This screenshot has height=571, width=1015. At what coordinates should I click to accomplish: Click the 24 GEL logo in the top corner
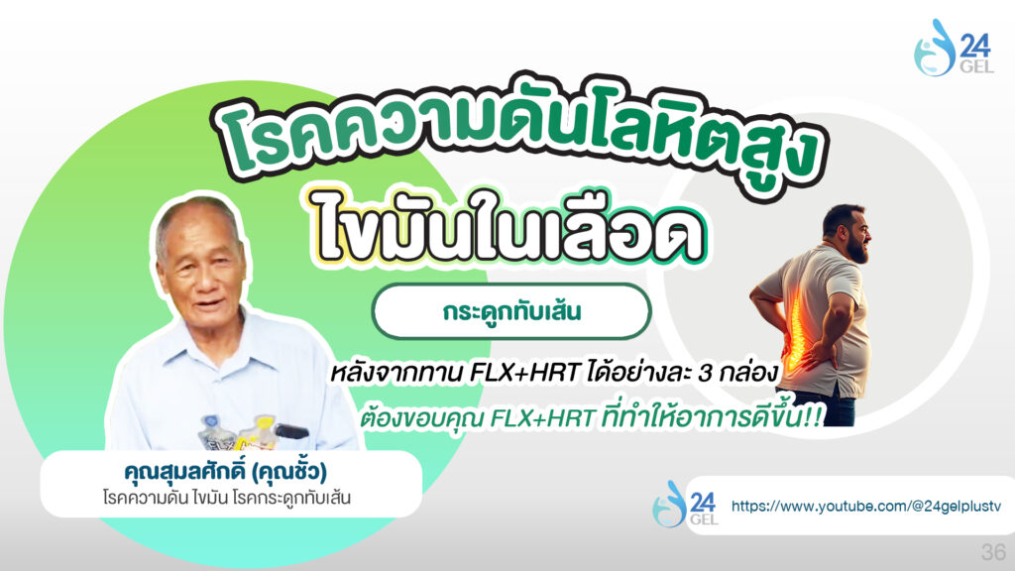click(x=954, y=48)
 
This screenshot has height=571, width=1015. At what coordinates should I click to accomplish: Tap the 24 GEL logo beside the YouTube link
click(x=686, y=504)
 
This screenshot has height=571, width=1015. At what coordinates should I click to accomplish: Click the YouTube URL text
click(x=866, y=506)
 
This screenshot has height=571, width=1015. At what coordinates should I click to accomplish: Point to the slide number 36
click(x=993, y=551)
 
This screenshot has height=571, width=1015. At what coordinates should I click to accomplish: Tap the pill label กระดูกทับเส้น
click(x=511, y=311)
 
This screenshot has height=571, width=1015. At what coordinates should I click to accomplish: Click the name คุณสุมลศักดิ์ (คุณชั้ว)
click(x=225, y=471)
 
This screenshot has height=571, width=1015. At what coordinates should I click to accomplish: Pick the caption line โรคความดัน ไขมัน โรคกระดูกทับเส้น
click(x=227, y=499)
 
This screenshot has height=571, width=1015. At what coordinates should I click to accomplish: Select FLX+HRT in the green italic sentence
click(x=542, y=419)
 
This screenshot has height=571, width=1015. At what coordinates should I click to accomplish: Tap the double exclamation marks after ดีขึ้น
click(x=813, y=417)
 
